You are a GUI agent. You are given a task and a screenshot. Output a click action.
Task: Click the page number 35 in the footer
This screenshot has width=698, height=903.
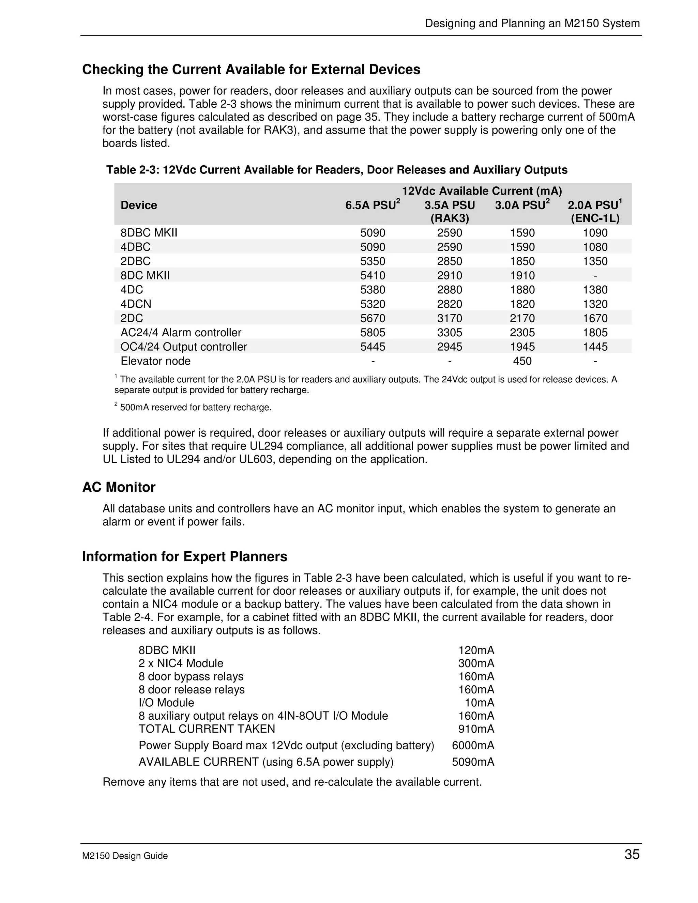(x=632, y=854)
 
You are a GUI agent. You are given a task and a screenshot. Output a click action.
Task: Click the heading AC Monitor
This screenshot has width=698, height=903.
(x=119, y=487)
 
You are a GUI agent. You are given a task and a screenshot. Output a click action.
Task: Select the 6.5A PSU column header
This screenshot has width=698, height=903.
(x=372, y=205)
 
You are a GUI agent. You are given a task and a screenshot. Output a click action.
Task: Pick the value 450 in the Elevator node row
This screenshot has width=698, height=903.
(x=522, y=361)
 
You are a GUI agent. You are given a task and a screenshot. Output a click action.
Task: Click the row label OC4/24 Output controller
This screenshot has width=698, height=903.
(x=184, y=347)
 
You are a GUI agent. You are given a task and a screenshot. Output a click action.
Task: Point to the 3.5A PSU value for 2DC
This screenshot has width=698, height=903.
(x=450, y=318)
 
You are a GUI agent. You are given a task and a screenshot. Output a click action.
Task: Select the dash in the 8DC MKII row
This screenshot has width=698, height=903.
(x=595, y=275)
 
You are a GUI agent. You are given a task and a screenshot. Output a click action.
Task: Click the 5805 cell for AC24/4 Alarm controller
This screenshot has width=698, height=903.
(x=373, y=333)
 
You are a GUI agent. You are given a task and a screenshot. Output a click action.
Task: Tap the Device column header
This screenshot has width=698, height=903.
(x=138, y=205)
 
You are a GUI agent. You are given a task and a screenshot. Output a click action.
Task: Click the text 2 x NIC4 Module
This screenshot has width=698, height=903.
(x=181, y=663)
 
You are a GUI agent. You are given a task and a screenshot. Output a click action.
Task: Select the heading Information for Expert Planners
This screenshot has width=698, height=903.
(x=184, y=556)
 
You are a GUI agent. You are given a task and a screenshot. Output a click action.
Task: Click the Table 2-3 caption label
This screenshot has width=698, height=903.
(x=337, y=170)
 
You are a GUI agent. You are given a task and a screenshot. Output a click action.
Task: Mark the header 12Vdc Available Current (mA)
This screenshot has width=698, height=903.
(x=482, y=191)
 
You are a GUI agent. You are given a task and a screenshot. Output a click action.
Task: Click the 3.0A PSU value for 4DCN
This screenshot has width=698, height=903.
(x=522, y=304)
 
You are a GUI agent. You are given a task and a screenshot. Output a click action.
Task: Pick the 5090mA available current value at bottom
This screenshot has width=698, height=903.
(x=473, y=762)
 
